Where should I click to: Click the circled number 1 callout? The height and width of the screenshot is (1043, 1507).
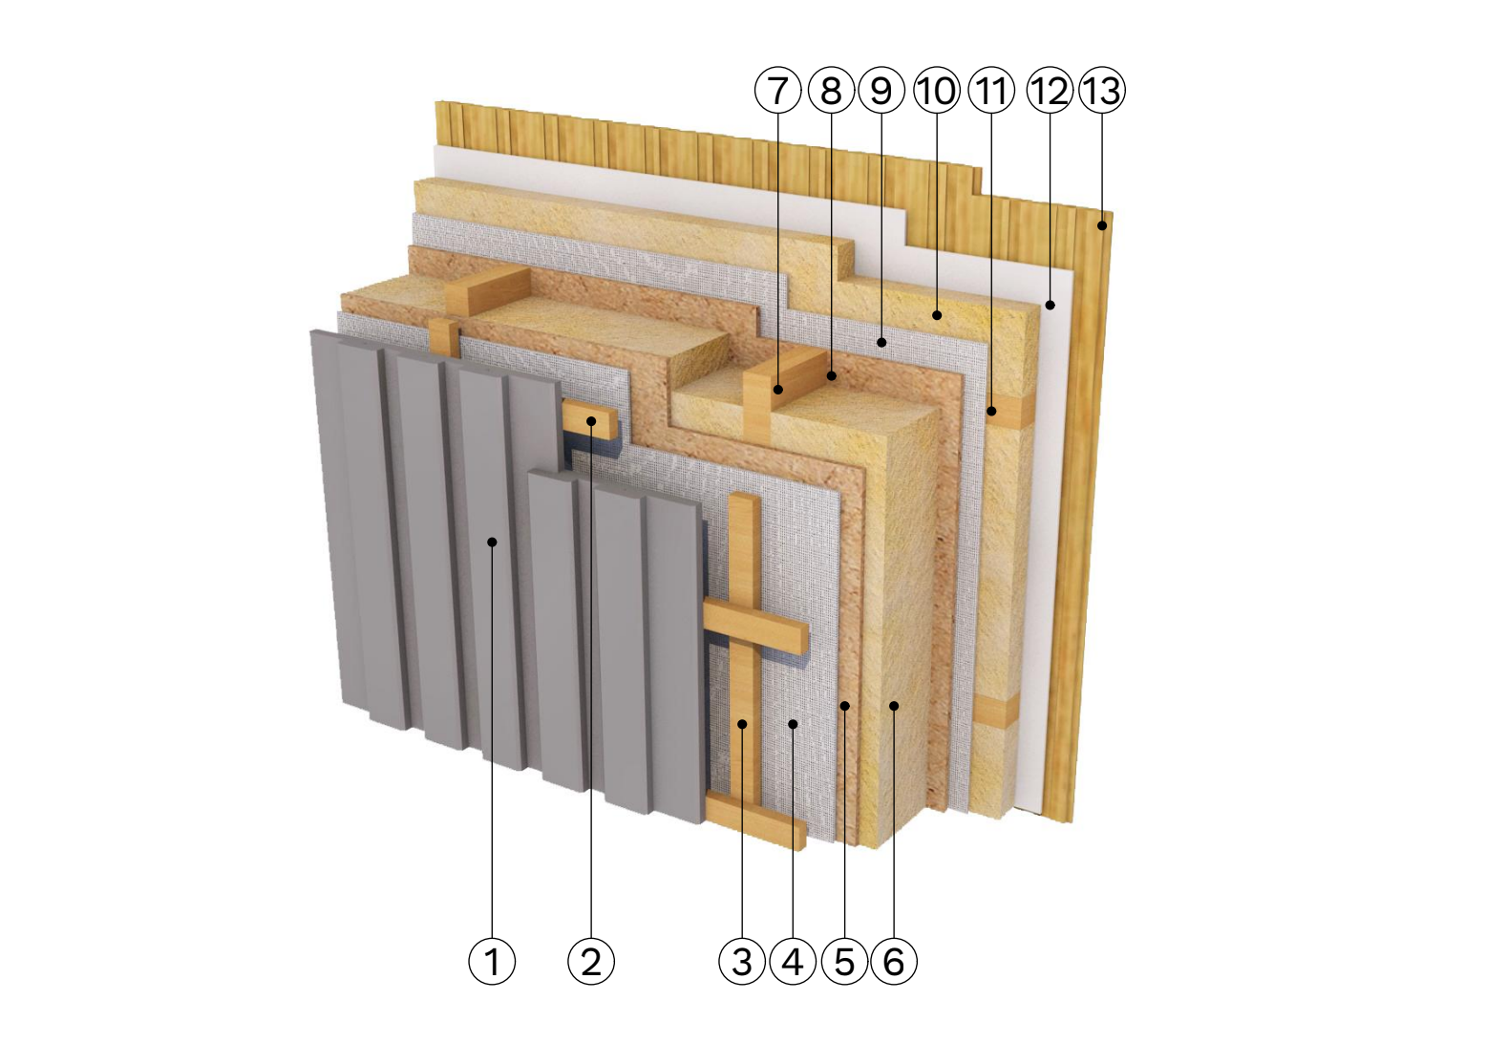[x=492, y=961]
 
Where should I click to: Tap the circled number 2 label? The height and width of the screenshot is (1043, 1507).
[x=591, y=961]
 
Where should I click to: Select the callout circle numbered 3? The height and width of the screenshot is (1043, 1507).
[x=742, y=961]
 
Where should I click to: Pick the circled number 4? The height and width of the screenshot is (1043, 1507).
[x=794, y=961]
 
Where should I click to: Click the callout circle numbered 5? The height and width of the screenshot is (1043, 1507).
[x=844, y=961]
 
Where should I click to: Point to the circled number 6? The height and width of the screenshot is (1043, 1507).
[x=894, y=961]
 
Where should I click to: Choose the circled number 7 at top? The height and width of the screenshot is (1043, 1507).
[x=777, y=90]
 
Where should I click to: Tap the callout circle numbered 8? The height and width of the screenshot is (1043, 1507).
[x=832, y=90]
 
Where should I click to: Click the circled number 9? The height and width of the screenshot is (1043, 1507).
[x=881, y=90]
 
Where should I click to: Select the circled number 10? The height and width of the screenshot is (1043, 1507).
[x=937, y=90]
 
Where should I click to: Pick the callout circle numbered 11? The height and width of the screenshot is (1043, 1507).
[x=991, y=90]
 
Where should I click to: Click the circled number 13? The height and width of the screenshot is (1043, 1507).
[x=1102, y=90]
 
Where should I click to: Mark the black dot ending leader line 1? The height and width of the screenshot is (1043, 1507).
[x=492, y=542]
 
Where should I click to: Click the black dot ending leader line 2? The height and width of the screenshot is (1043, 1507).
[x=591, y=421]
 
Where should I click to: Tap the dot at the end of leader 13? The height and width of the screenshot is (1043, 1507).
[x=1102, y=226]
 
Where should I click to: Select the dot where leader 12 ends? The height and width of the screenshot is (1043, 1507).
[x=1051, y=306]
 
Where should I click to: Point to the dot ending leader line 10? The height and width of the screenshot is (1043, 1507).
[x=937, y=315]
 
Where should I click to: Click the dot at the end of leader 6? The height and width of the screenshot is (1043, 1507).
[x=894, y=705]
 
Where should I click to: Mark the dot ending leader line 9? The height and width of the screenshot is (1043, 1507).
[x=881, y=343]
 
